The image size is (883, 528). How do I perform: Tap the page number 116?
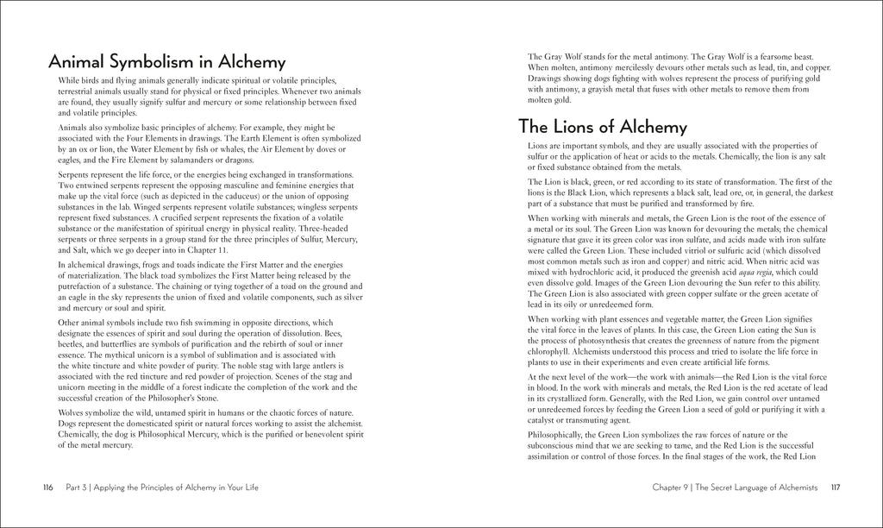coord(48,487)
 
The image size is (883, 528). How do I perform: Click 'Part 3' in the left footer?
coord(77,487)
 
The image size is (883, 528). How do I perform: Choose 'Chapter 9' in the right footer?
coord(675,487)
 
